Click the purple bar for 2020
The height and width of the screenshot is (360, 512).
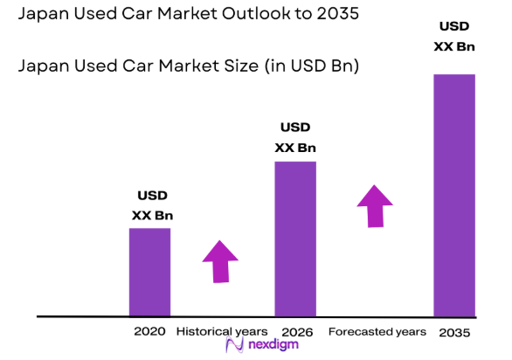coord(149,272)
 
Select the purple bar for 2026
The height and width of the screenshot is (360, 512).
coord(295,239)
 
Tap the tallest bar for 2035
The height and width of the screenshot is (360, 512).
coord(454,195)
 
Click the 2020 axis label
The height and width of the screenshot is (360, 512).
coord(149,332)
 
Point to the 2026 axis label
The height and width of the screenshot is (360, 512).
coord(297,332)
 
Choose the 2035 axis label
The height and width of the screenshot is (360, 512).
coord(455,333)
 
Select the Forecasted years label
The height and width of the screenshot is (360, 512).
coord(377,332)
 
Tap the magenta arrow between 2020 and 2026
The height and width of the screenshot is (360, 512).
coord(220,260)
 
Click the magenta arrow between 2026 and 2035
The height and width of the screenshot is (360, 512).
coord(375,205)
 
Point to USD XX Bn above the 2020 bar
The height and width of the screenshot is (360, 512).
coord(150,205)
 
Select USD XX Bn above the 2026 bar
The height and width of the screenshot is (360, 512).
coord(295,138)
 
